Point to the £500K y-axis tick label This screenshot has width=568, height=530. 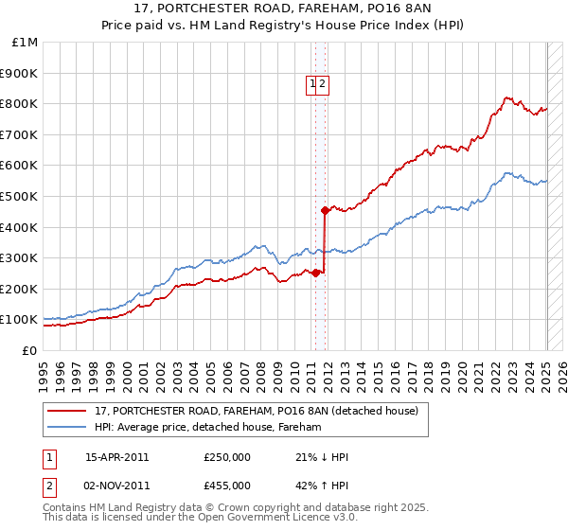(20, 196)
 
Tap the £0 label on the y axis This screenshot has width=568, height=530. (29, 350)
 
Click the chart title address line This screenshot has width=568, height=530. (283, 11)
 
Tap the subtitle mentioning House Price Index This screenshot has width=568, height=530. (283, 27)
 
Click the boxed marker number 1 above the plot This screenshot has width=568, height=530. (311, 84)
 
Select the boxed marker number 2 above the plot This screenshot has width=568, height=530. (322, 84)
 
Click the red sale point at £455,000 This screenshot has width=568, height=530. (325, 210)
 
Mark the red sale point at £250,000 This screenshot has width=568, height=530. (316, 274)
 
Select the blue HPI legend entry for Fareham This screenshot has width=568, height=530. (208, 428)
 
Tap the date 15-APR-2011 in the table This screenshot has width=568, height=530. (116, 457)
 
